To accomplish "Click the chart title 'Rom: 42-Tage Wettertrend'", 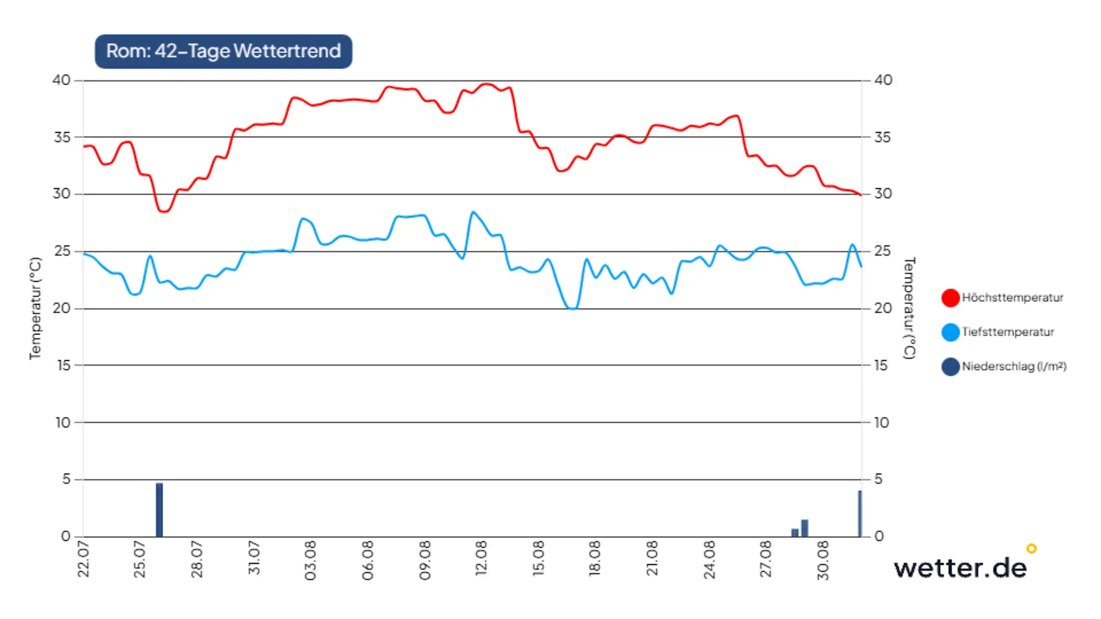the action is coord(224,51).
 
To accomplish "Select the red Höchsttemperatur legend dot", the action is coord(950,297).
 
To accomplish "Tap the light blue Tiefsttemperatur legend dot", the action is coord(950,332).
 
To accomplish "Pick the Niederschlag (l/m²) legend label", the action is coord(1014,366).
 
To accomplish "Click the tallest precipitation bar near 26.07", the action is coord(159,510).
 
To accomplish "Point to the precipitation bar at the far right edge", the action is coord(860,514).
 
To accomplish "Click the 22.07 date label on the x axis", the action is coord(83,559).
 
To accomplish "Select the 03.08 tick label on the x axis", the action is coord(310,560).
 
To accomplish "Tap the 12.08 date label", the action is coord(481,558).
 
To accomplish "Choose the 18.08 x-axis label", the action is coord(595,558).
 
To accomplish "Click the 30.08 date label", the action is coord(822,560).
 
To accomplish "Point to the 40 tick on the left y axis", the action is coord(61,80).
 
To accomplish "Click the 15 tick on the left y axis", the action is coord(63,365).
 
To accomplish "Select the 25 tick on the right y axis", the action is coord(883,251).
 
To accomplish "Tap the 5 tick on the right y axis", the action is coord(878,479).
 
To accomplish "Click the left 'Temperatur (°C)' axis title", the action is coord(36,308).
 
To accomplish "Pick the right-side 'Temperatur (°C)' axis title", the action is coord(909,308).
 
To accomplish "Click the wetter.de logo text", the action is coord(961,568).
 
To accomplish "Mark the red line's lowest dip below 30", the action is coord(165,211).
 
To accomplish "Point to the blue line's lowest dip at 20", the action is coord(572,308).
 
